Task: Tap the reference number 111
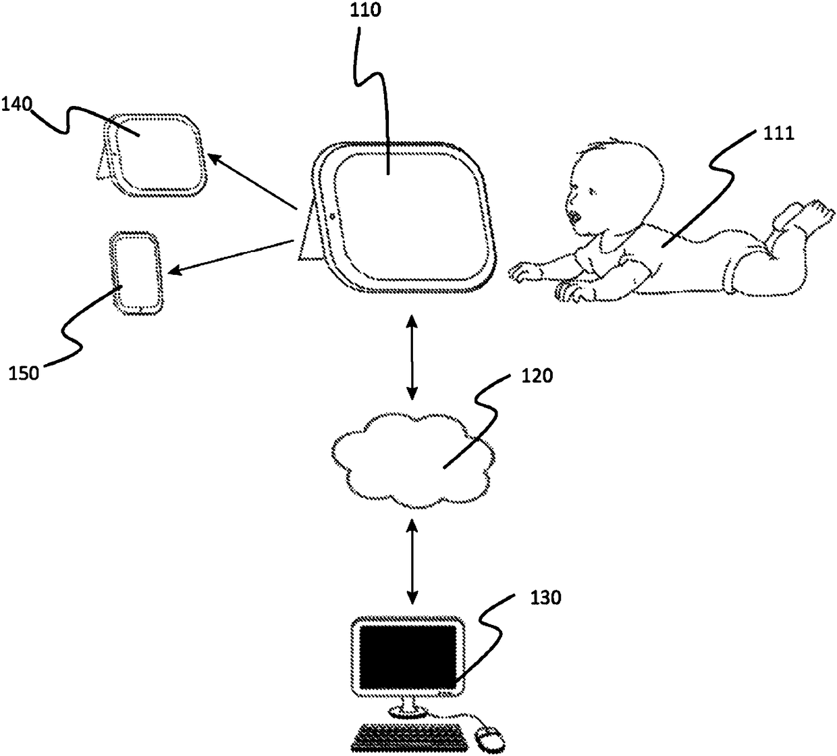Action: pyautogui.click(x=777, y=134)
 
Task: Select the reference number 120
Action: pyautogui.click(x=537, y=376)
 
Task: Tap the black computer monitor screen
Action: pyautogui.click(x=408, y=656)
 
